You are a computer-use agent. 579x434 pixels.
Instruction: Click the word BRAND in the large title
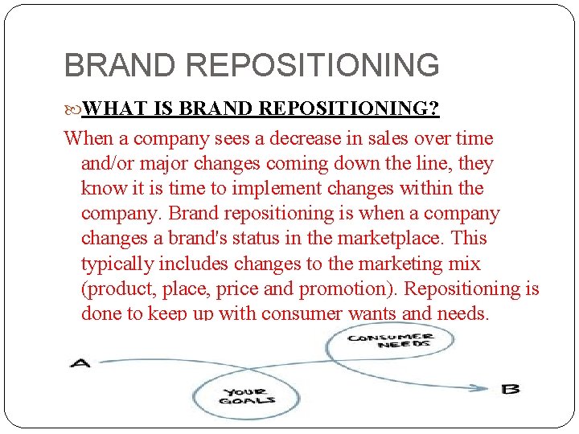pos(120,65)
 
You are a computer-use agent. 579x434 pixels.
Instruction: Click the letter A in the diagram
pos(81,363)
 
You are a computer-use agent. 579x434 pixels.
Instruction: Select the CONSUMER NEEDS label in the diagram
pos(389,341)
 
